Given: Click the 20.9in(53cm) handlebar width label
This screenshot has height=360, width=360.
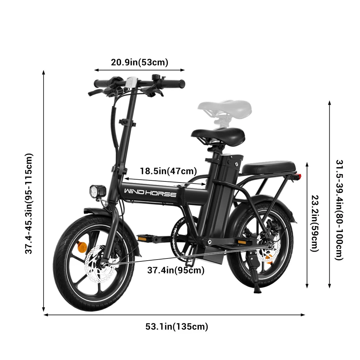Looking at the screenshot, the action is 140,62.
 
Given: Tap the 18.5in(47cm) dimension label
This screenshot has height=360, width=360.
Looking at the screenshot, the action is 168,171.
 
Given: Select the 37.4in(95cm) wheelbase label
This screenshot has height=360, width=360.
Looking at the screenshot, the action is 176,270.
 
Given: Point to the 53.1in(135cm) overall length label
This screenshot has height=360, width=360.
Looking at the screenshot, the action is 177,327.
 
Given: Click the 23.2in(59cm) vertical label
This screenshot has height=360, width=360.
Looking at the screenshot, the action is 315,223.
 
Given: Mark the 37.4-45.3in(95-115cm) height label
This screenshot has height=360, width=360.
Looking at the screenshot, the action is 29,204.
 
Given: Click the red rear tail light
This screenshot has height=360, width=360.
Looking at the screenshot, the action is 298,177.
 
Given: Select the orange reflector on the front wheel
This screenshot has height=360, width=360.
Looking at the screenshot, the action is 81,246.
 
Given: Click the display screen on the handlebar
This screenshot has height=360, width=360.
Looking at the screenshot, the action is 131,82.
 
